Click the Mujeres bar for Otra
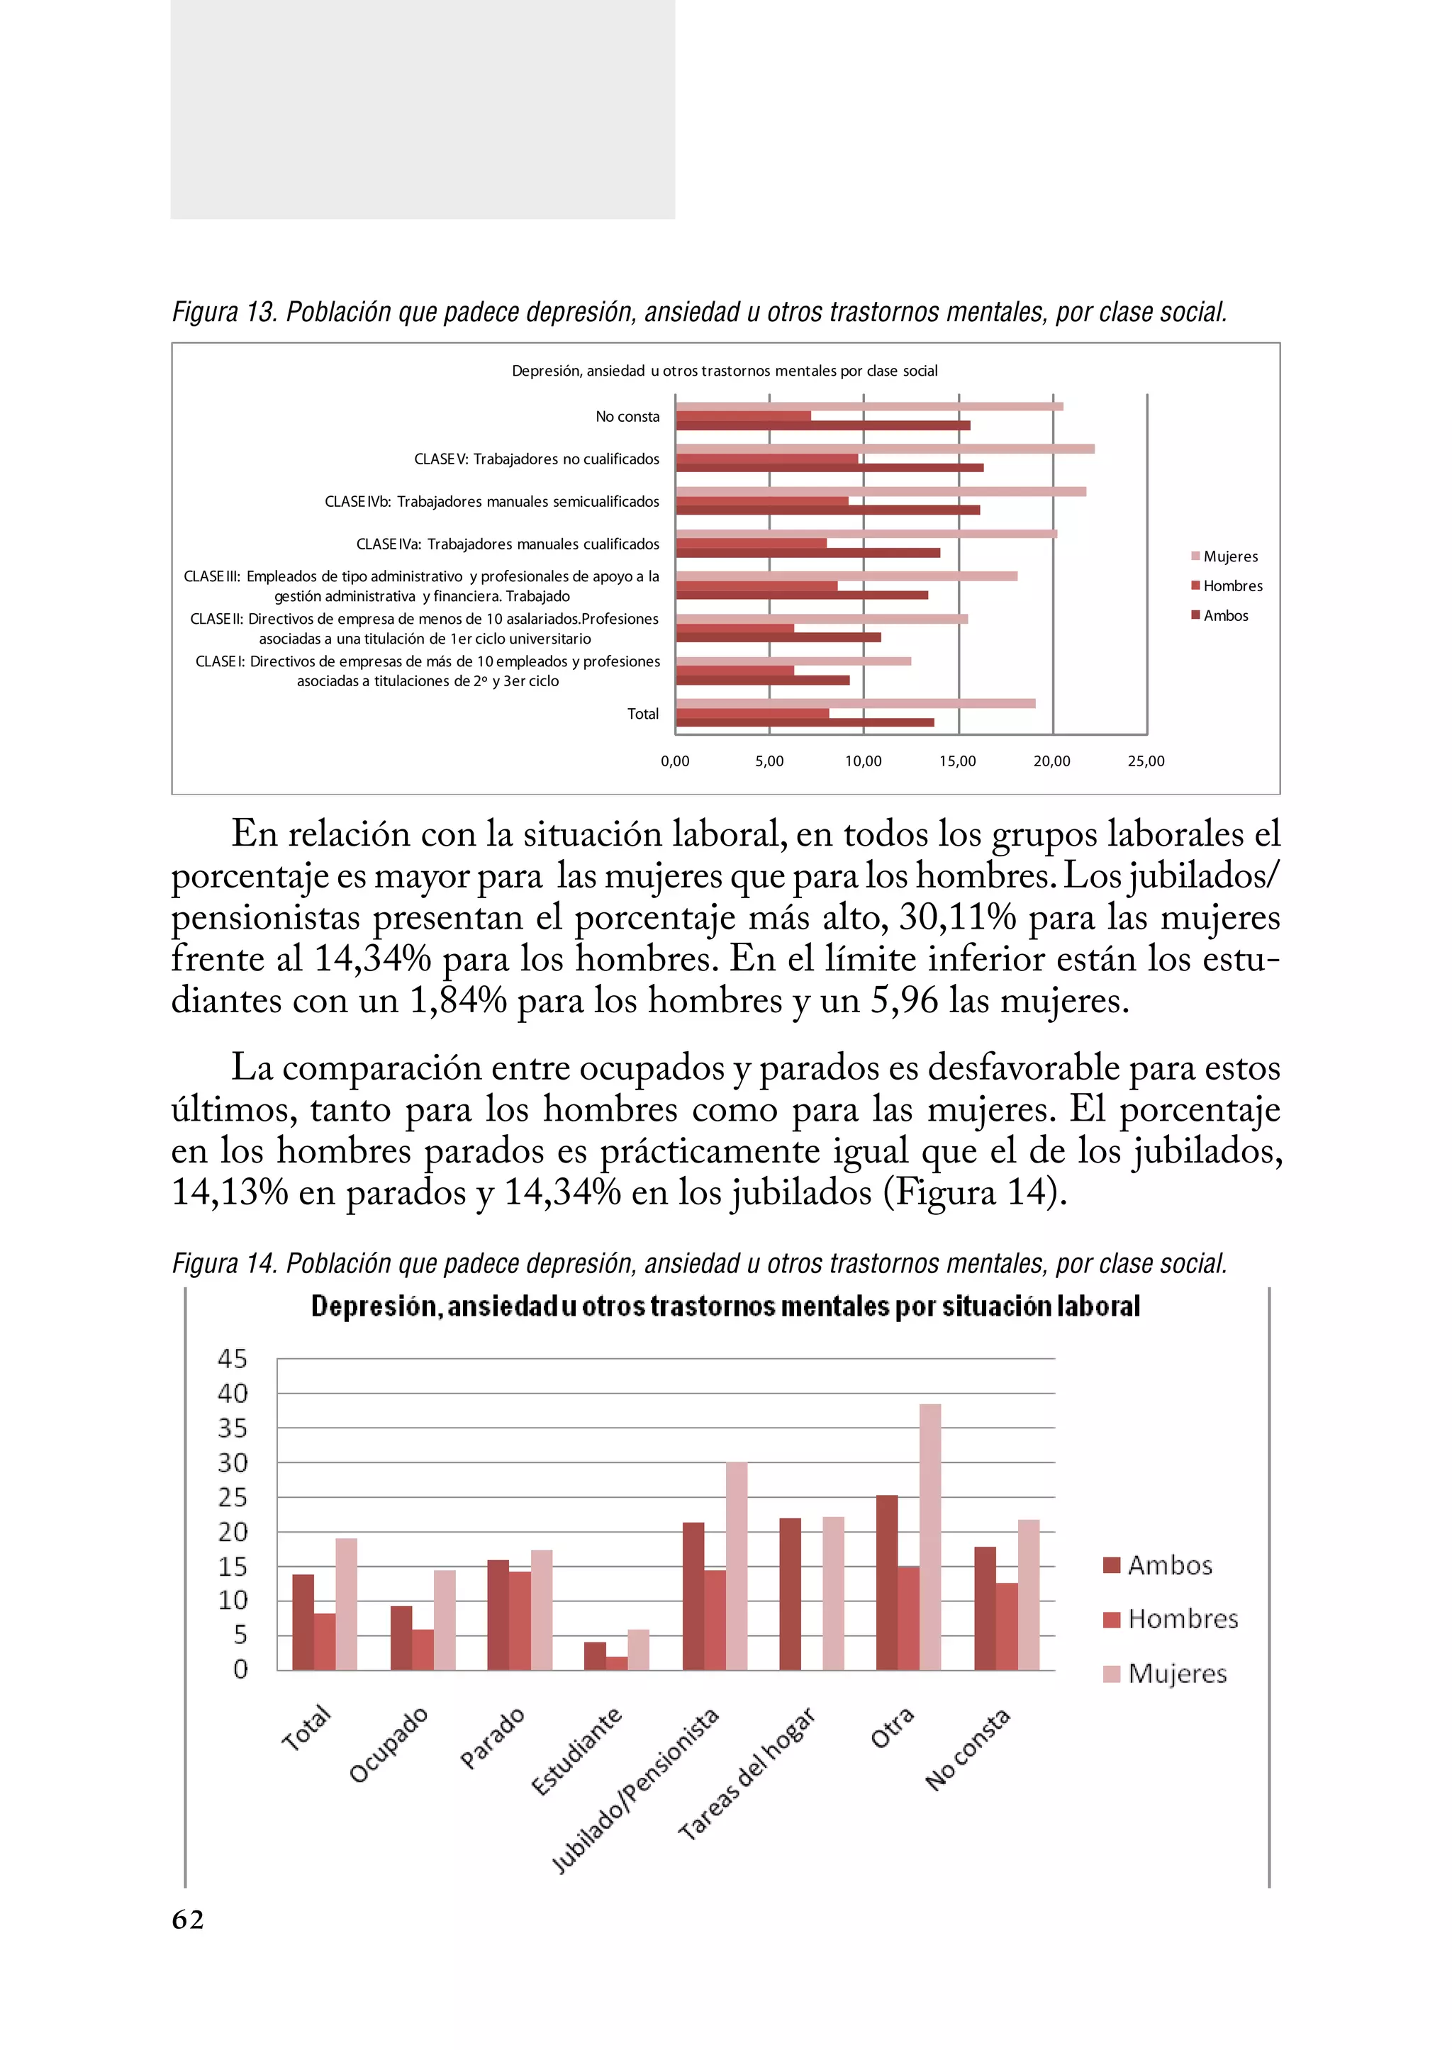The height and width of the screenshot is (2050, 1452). click(x=930, y=1537)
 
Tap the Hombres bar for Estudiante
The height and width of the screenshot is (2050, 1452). click(x=617, y=1663)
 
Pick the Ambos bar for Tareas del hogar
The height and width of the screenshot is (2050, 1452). click(x=790, y=1593)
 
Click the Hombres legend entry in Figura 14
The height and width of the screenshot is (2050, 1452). click(x=1171, y=1619)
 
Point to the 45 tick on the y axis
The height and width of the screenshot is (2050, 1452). click(x=232, y=1359)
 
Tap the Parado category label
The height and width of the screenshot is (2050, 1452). click(x=492, y=1738)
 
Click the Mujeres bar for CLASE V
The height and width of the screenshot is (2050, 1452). click(x=884, y=449)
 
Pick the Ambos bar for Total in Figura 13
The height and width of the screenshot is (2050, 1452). click(x=805, y=722)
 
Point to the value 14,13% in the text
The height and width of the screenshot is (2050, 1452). click(x=229, y=1192)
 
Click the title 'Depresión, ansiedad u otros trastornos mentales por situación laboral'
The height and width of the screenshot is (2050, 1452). click(x=725, y=1306)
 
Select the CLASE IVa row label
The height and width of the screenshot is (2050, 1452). click(x=507, y=544)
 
